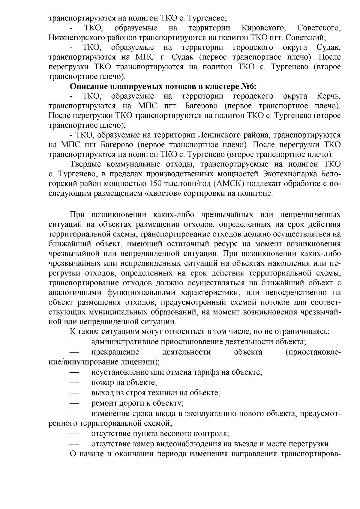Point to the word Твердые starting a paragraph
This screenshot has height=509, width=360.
[x=85, y=164]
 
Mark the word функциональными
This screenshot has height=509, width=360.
[x=144, y=292]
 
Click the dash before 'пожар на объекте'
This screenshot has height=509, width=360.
[x=74, y=382]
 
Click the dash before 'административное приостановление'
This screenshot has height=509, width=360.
[x=74, y=342]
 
